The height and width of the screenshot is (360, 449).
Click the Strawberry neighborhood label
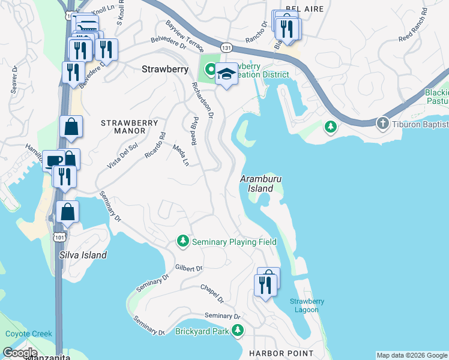click(165, 69)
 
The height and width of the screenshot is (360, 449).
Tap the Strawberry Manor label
click(123, 127)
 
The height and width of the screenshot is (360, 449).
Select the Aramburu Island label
click(261, 184)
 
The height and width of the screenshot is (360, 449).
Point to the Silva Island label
click(83, 255)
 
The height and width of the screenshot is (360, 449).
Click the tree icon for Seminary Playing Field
click(183, 241)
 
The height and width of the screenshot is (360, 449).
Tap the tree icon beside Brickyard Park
click(238, 330)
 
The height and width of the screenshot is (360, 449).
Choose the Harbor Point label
click(281, 353)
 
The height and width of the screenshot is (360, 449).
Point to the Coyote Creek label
click(29, 334)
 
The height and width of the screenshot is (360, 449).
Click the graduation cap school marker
click(226, 74)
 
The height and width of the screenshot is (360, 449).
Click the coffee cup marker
click(53, 160)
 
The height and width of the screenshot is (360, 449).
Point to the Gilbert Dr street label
click(189, 268)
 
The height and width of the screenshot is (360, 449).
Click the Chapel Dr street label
click(212, 293)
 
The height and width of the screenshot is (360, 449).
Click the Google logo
click(20, 352)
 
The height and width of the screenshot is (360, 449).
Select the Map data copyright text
click(411, 355)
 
